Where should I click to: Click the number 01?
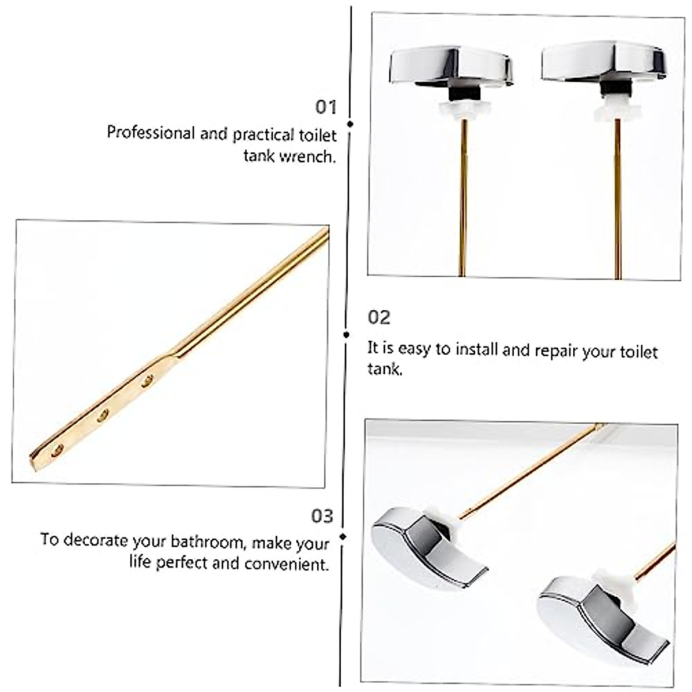pyautogui.click(x=325, y=107)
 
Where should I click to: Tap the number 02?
pyautogui.click(x=379, y=317)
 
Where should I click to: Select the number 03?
pyautogui.click(x=322, y=516)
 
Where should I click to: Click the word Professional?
pyautogui.click(x=151, y=133)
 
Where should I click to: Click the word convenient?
pyautogui.click(x=286, y=564)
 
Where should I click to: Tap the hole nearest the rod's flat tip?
pyautogui.click(x=57, y=450)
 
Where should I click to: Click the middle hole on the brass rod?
pyautogui.click(x=103, y=415)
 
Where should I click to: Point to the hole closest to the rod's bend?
pyautogui.click(x=148, y=380)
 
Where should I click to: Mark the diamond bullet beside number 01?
pyautogui.click(x=350, y=124)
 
